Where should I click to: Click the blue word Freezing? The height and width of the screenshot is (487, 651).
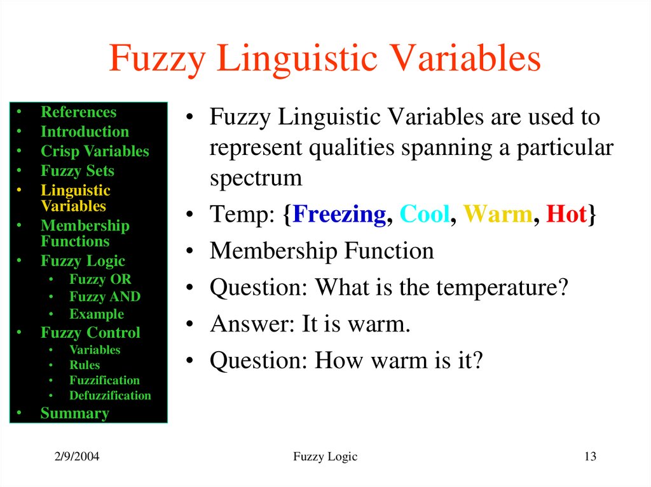[x=339, y=215]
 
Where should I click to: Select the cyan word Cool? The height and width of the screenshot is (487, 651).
[x=425, y=215]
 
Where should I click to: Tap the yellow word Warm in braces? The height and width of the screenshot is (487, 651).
[x=497, y=215]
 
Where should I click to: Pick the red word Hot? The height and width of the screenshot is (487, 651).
[x=566, y=215]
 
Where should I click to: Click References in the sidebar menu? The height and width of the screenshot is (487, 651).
[x=78, y=112]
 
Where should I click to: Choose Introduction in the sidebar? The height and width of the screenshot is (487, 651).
[x=85, y=132]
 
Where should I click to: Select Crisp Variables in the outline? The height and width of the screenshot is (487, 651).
[x=95, y=152]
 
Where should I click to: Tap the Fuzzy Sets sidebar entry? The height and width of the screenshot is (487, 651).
[x=78, y=171]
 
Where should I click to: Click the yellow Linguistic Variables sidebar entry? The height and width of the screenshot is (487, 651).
[x=75, y=198]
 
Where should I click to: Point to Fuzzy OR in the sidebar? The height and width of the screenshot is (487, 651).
[x=100, y=279]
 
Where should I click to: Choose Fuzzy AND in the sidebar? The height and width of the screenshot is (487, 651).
[x=105, y=297]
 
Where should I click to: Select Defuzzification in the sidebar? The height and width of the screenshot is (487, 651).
[x=110, y=396]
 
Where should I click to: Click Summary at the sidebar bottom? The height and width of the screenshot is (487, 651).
[x=74, y=413]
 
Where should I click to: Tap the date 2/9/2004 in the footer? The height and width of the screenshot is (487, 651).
[x=75, y=457]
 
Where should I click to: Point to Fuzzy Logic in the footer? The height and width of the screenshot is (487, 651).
[x=325, y=457]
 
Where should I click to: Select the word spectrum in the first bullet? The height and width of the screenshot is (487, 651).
[x=256, y=178]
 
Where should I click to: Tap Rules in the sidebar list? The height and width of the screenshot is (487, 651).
[x=85, y=365]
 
